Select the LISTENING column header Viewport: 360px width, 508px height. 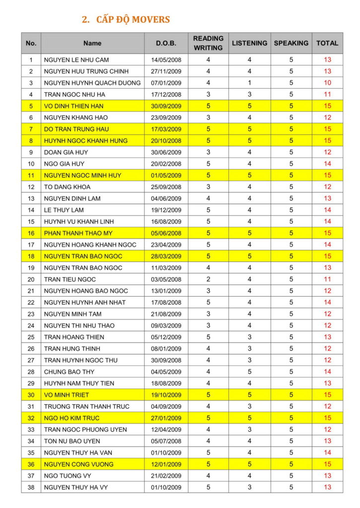click(x=249, y=43)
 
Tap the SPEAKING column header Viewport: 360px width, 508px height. click(x=291, y=43)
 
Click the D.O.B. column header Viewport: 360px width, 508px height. click(x=166, y=43)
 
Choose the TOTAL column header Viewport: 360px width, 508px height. click(x=327, y=43)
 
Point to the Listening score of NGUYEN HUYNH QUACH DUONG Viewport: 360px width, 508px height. click(x=249, y=83)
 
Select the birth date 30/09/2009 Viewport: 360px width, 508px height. click(x=166, y=106)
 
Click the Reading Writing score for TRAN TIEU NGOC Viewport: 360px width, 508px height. click(x=208, y=279)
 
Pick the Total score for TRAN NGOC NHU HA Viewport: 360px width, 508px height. click(x=327, y=94)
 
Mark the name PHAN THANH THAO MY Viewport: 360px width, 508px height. click(x=78, y=233)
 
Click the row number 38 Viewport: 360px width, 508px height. click(x=31, y=487)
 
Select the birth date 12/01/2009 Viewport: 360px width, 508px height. click(x=166, y=464)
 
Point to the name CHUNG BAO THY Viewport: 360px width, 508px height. click(x=69, y=372)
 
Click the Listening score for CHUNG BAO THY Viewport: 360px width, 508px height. click(x=249, y=372)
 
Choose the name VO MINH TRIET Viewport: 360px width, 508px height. click(x=67, y=395)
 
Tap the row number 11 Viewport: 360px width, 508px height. click(x=31, y=175)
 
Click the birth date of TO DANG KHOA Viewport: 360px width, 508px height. click(x=166, y=187)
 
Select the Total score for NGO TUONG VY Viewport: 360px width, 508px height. click(x=327, y=476)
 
